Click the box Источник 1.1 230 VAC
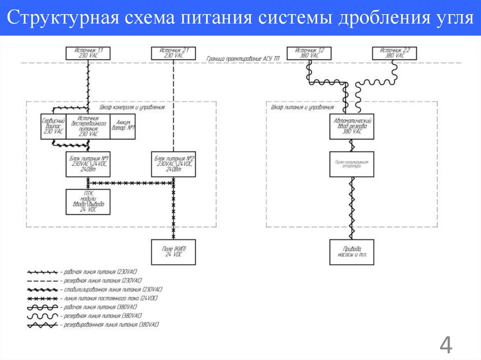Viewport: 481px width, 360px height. pos(88,53)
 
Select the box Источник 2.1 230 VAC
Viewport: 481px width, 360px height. pos(174,53)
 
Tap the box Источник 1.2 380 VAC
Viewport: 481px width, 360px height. pos(309,53)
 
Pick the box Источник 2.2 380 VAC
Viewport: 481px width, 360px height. pos(395,53)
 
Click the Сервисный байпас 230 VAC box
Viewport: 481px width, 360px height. pos(53,126)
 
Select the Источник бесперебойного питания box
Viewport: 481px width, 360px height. pos(88,126)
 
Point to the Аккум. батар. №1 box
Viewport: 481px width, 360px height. pos(123,126)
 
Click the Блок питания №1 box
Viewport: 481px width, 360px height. pos(88,164)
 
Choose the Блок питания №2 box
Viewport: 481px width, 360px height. pos(174,164)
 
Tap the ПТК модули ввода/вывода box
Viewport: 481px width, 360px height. pos(88,202)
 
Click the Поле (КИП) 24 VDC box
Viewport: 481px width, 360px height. pos(174,252)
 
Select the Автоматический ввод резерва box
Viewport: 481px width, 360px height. pos(352,126)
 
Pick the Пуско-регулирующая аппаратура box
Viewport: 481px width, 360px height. pos(352,164)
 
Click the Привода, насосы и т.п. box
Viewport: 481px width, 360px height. pos(352,252)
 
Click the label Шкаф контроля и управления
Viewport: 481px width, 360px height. pos(132,107)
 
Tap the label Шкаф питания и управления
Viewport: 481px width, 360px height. pos(296,107)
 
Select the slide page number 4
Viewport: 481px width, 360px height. pos(445,346)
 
